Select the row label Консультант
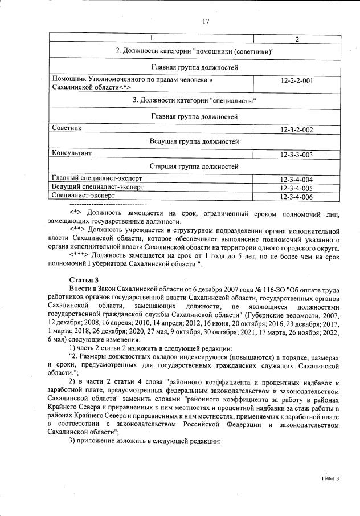click(71, 153)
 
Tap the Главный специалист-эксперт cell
click(97, 178)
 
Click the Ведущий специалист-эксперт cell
click(97, 187)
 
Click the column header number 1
click(151, 39)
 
